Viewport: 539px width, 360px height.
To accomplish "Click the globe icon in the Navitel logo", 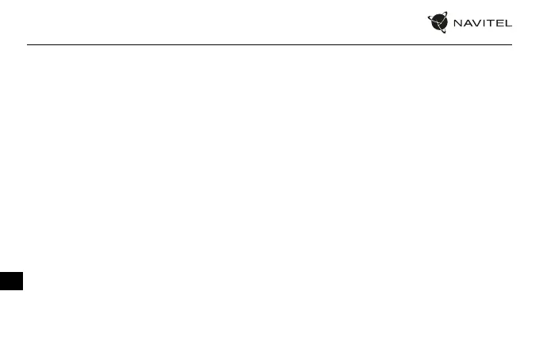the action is (x=438, y=22).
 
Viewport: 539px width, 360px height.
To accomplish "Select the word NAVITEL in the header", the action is (x=482, y=23).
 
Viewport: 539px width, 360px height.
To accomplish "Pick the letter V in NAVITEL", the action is (x=476, y=23).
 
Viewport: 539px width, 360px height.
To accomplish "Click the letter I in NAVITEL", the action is (x=482, y=23).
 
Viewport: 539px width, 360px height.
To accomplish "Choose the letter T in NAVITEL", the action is (x=488, y=23).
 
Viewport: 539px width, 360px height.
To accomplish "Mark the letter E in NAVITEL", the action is (x=498, y=23).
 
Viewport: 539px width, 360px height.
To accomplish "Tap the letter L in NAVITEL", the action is (x=507, y=23).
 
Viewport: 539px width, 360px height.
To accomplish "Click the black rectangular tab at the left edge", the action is (x=11, y=280).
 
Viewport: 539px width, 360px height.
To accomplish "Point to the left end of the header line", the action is (x=27, y=44).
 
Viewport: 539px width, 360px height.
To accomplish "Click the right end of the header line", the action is (x=512, y=44).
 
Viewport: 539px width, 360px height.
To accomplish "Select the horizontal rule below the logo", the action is (x=269, y=44).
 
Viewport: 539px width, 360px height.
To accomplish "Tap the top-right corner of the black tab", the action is (x=23, y=270).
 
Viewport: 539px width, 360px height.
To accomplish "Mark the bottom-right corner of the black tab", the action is (x=23, y=290).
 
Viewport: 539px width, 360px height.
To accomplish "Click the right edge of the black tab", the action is (x=23, y=280).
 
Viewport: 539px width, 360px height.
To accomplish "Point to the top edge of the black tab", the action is (x=11, y=270).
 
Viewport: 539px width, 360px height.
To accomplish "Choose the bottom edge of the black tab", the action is (x=11, y=290).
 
